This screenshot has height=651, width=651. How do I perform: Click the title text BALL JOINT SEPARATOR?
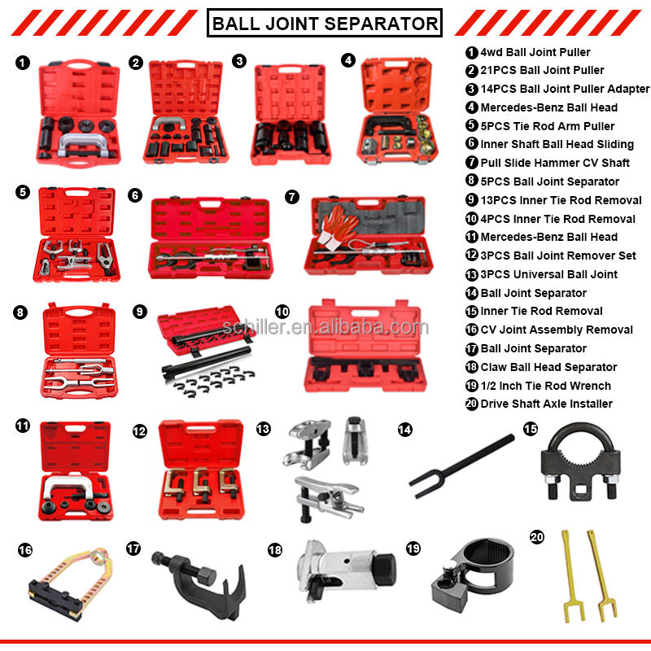(325, 24)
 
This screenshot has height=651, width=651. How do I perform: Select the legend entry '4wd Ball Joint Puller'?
(535, 52)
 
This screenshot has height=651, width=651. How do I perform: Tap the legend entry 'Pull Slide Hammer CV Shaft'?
(555, 163)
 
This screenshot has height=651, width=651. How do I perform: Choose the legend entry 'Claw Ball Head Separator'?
(548, 367)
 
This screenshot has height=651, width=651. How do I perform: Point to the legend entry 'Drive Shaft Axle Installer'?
(546, 404)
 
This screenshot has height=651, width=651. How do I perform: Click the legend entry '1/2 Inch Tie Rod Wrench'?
(545, 386)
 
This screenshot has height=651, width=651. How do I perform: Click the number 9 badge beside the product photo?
(139, 312)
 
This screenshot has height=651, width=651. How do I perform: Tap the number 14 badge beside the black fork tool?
(404, 430)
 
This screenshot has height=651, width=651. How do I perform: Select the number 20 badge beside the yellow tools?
(537, 537)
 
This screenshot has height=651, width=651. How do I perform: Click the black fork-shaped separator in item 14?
(461, 465)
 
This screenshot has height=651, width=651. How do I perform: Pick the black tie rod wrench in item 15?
(580, 461)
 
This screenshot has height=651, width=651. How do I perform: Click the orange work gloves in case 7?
(338, 228)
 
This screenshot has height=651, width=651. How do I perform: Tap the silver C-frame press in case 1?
(81, 144)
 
